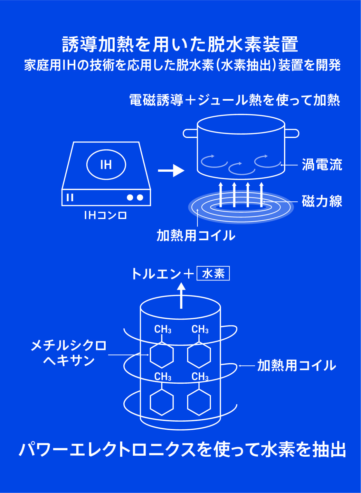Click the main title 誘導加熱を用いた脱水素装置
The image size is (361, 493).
180,44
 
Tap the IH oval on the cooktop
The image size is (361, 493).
106,165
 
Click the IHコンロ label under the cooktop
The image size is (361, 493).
106,215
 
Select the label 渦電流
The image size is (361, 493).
322,165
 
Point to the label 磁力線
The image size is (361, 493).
322,201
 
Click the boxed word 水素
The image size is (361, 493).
213,274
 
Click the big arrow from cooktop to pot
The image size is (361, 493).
171,170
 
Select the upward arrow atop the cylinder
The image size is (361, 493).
181,295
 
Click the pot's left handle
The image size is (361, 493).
190,133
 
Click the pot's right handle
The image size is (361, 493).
292,133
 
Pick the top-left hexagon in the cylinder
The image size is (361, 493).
162,355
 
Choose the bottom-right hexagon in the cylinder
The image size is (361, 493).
199,402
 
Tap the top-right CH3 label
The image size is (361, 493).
200,329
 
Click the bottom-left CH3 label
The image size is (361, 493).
163,377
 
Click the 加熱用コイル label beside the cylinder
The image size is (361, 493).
296,366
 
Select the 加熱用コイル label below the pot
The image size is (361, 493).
196,235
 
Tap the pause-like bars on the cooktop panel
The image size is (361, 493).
70,197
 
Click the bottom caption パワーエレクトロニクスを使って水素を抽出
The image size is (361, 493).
182,450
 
